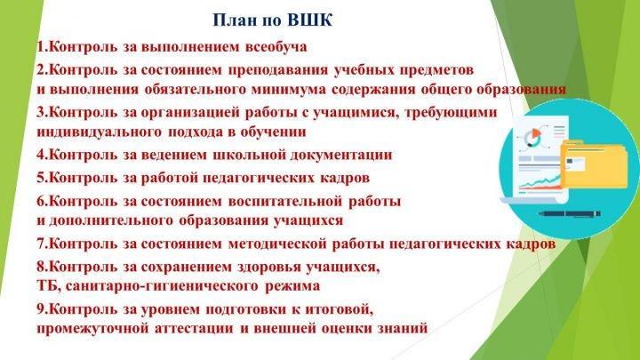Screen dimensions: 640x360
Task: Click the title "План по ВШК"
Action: [273, 20]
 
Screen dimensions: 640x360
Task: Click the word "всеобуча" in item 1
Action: [276, 46]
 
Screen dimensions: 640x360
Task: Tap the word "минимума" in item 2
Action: [288, 90]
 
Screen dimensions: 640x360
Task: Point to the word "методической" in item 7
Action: [277, 244]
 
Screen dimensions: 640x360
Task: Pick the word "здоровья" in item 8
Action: [268, 268]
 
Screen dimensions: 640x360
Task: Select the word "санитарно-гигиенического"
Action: [162, 286]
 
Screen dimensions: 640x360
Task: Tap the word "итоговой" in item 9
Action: [336, 309]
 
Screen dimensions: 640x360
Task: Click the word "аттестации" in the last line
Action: [194, 329]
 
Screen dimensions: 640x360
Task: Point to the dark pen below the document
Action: [569, 213]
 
